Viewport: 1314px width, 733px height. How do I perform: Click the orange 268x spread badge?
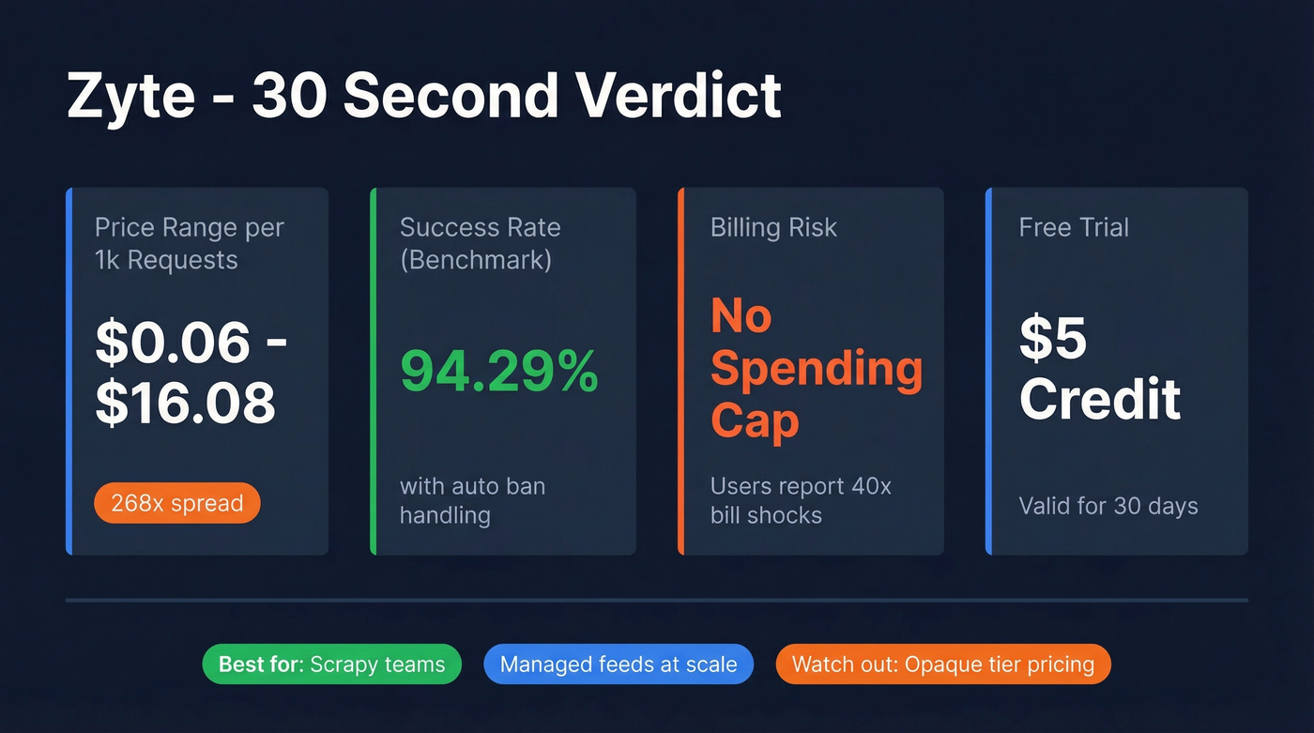click(x=176, y=504)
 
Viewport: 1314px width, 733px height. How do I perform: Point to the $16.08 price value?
click(x=186, y=402)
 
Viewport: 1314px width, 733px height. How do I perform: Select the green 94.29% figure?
click(x=498, y=371)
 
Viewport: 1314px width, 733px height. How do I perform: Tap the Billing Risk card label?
click(x=773, y=228)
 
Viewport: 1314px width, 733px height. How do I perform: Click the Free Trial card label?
click(x=1074, y=228)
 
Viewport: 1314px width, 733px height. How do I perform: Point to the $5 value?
click(x=1053, y=339)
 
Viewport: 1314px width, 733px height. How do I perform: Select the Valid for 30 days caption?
click(x=1108, y=507)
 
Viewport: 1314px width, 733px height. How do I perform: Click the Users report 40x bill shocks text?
click(x=801, y=500)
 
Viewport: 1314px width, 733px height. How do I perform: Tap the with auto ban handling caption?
click(x=472, y=500)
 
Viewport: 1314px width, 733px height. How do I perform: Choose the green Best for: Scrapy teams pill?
click(x=332, y=664)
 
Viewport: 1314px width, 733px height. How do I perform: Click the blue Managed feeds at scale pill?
click(x=618, y=664)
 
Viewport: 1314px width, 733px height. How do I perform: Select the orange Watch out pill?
click(x=943, y=664)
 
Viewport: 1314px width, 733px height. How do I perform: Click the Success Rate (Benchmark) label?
click(x=480, y=243)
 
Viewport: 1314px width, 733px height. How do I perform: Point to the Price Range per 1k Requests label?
click(x=189, y=243)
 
